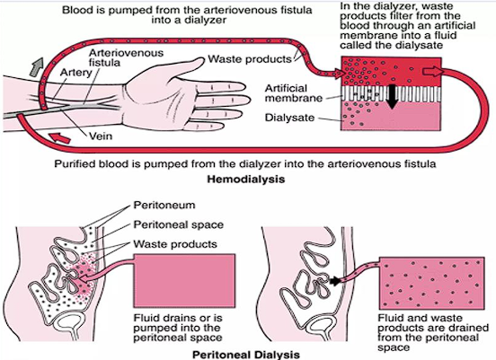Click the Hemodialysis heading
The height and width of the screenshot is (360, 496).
(x=246, y=180)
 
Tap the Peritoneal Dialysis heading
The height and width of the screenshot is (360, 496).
(x=246, y=355)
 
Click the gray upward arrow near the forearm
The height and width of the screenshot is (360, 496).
(x=36, y=66)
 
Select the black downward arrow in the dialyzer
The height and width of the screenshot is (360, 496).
(x=392, y=97)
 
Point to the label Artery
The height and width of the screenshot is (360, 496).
(x=75, y=73)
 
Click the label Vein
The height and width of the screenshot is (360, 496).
(x=101, y=136)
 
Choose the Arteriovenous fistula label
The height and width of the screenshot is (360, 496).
(x=126, y=57)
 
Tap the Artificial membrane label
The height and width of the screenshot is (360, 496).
(x=294, y=93)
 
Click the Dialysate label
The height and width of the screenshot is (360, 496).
(x=289, y=118)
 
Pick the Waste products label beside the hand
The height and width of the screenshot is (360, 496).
(x=249, y=59)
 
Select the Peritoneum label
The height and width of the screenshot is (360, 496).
(x=164, y=206)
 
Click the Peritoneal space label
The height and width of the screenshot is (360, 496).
(x=179, y=224)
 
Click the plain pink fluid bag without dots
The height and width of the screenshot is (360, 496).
(x=184, y=281)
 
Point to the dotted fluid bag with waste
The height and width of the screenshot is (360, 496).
(x=432, y=283)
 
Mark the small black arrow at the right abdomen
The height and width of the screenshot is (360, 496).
(x=335, y=281)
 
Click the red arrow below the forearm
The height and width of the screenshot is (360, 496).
(x=59, y=137)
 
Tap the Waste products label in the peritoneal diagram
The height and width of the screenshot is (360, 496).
(x=175, y=244)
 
